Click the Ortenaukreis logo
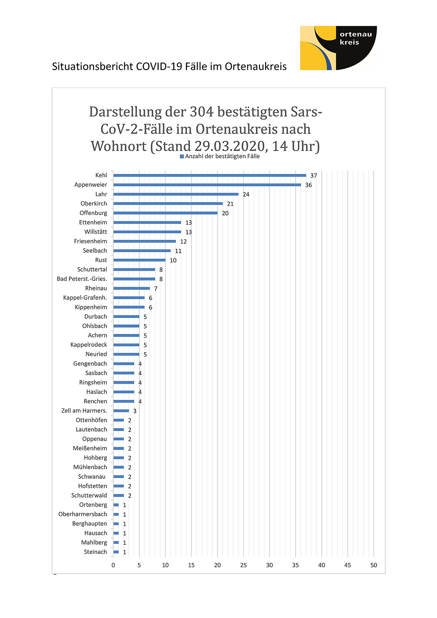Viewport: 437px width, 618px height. point(338,48)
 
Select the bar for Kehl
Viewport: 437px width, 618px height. point(210,176)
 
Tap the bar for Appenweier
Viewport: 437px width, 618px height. point(207,185)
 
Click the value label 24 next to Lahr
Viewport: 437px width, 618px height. point(246,194)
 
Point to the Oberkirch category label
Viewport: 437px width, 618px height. point(94,204)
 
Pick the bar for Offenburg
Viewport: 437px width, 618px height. point(165,213)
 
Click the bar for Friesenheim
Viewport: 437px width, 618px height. point(144,241)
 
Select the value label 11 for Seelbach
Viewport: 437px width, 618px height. point(178,251)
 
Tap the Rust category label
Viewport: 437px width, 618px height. point(101,260)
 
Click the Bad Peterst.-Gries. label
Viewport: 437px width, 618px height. point(82,279)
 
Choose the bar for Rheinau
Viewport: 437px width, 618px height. point(131,288)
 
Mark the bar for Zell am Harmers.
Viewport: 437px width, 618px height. point(121,411)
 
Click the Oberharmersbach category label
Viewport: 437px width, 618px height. point(83,514)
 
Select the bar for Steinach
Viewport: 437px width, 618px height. point(116,552)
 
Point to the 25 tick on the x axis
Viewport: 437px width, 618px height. point(244,565)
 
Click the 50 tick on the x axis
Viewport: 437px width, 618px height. point(374,565)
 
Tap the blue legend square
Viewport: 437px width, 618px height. point(182,156)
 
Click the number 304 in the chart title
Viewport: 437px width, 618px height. point(202,112)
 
